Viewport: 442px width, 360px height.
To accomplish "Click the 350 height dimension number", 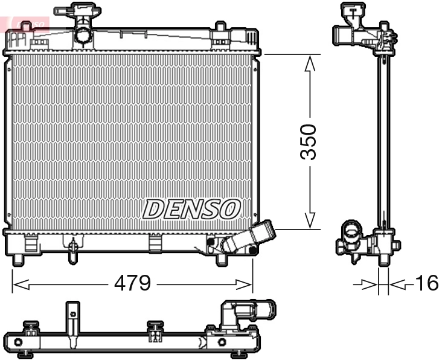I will (309, 142).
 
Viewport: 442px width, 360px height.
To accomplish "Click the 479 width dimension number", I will (132, 283).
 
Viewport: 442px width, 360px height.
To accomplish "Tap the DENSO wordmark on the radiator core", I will (191, 210).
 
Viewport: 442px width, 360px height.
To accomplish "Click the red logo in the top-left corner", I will (24, 22).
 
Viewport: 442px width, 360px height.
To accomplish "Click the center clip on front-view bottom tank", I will (156, 243).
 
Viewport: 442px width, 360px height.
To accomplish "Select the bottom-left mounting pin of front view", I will (18, 259).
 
